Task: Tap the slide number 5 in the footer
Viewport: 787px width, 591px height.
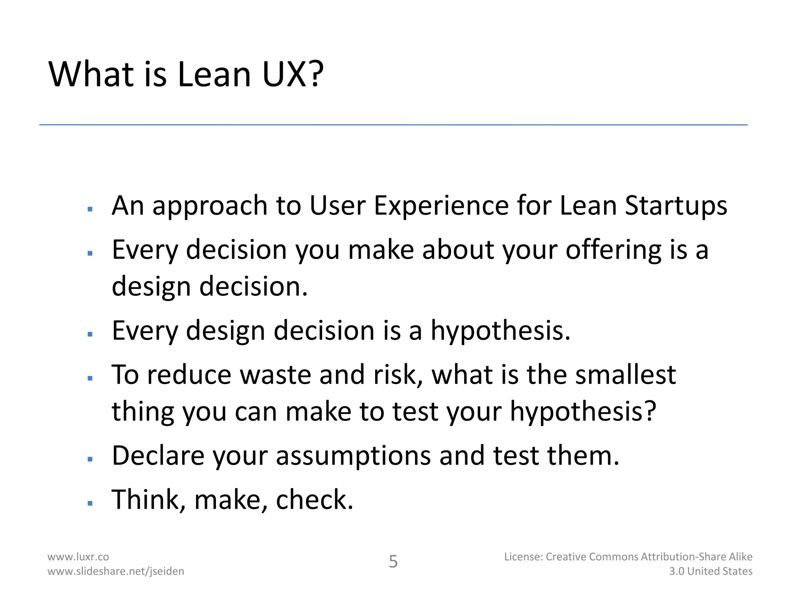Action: tap(393, 562)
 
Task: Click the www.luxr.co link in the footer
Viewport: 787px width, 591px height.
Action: tap(78, 557)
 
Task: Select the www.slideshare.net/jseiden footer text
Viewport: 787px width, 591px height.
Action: tap(116, 571)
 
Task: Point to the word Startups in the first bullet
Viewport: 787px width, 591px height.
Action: tap(676, 205)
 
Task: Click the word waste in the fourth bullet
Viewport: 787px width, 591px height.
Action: tap(276, 375)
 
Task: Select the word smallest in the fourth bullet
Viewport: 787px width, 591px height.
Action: tap(625, 375)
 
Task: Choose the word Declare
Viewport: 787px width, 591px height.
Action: tap(158, 456)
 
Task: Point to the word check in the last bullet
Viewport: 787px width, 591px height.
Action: tap(314, 500)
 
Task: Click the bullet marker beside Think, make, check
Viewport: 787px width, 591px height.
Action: tap(90, 503)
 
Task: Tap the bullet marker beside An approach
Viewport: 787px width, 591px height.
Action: tap(90, 209)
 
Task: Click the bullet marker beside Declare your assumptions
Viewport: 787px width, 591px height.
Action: tap(90, 459)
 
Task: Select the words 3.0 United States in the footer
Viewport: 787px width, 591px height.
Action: tap(711, 571)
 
